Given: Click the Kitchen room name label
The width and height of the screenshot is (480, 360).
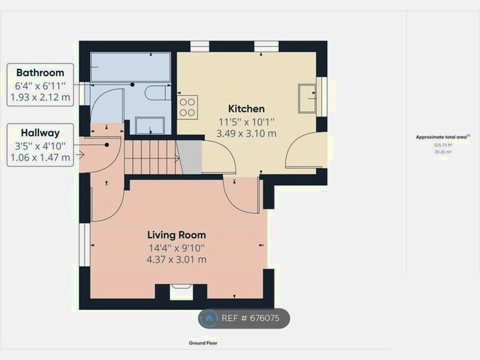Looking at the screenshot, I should coord(246,109).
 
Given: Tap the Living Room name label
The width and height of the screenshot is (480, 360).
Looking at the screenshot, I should coord(176,235).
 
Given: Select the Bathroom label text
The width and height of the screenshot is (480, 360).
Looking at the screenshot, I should coord(40,73).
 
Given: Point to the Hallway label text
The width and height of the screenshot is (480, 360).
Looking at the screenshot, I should coord(40,133).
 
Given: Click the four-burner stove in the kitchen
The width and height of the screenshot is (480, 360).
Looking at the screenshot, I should coord(187,106).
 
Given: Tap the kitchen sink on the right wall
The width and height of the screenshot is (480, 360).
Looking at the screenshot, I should coord(307,97).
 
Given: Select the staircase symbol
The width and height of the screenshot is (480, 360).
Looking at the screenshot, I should coord(150,156).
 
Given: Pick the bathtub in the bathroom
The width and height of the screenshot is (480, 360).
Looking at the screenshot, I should coord(130,67).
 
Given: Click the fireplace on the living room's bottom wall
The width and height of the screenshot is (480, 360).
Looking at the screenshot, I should coord(181,291).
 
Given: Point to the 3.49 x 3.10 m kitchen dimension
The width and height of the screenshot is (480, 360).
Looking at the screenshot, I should coord(246,133).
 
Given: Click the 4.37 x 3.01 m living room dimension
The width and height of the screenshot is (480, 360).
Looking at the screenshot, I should coord(176,259).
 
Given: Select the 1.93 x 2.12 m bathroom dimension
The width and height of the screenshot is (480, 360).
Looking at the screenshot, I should coord(40,97).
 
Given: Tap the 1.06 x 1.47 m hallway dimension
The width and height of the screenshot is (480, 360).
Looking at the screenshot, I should coord(40,157).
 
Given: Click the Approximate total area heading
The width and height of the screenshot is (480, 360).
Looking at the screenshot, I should coord(442,137).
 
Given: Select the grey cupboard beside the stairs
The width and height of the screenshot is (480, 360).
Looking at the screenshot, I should coord(189,157).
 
